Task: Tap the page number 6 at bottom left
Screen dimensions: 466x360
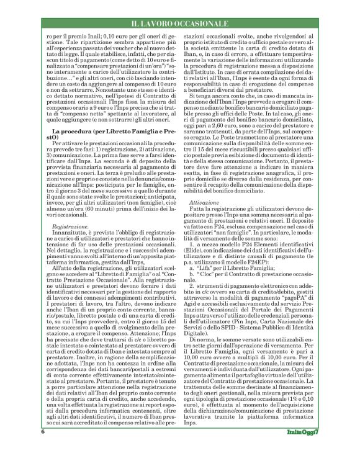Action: click(43, 448)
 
